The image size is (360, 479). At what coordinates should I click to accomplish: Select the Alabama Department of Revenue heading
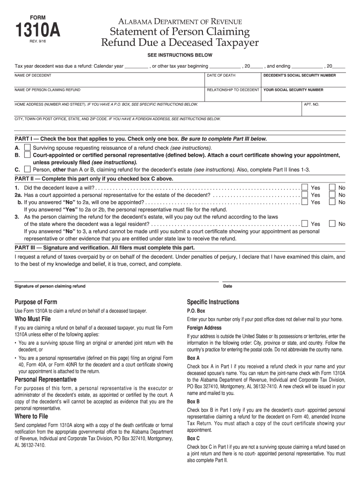[180, 22]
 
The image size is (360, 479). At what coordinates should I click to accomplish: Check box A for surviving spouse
[28, 147]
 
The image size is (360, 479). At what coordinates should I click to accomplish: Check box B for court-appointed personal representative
[28, 154]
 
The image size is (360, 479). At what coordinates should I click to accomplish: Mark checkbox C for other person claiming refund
[28, 169]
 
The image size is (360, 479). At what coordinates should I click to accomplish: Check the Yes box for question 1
[305, 188]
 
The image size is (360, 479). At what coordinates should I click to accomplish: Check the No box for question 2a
[332, 195]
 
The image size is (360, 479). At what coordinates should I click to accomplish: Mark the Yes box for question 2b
[305, 202]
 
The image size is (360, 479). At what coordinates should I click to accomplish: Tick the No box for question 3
[332, 224]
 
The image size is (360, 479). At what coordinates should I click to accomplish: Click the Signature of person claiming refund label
[50, 286]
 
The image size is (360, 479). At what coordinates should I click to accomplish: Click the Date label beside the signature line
[228, 286]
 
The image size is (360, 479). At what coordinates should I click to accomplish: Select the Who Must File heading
[33, 319]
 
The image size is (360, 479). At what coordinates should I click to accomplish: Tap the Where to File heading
[31, 416]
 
